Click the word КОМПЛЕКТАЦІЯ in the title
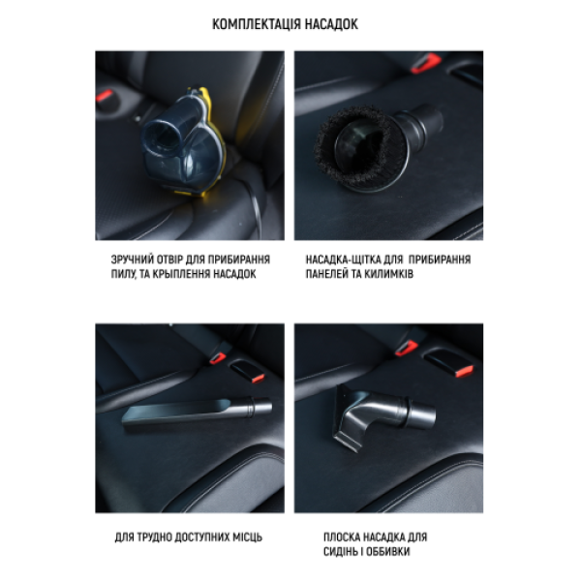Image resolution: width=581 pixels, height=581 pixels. pos(257,24)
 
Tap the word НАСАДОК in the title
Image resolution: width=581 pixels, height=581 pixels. pos(331,24)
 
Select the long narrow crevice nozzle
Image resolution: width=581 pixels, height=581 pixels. pos(198,413)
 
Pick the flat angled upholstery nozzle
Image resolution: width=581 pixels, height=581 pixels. pos(384,415)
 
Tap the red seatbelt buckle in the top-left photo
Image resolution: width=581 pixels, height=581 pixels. pos(105,97)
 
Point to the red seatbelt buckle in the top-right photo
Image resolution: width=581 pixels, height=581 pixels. pos(425,63)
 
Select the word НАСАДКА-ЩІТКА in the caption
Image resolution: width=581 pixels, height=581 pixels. pos(343,260)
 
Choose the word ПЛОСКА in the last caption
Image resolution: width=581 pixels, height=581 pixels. pos(342,537)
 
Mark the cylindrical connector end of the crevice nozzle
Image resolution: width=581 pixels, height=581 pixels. pos(260,407)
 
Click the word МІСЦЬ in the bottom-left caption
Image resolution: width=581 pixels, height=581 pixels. pos(248,537)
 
